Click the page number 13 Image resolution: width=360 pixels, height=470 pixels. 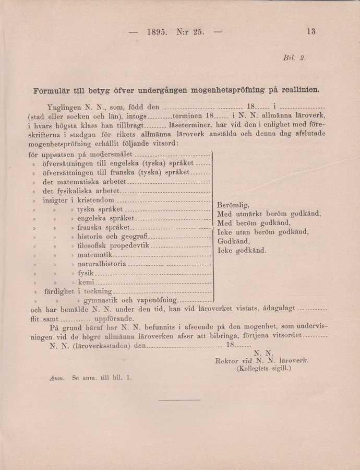[311, 31]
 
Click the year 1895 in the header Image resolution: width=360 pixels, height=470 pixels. [157, 31]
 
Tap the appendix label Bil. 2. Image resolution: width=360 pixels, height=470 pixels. [294, 58]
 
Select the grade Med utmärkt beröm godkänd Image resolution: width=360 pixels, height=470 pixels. [269, 214]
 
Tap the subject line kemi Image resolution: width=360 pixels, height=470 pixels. [85, 283]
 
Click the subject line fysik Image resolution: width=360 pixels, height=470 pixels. [85, 273]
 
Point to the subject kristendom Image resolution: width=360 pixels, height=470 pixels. [95, 200]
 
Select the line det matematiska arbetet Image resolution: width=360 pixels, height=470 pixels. [85, 182]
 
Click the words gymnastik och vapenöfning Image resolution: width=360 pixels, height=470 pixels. [127, 301]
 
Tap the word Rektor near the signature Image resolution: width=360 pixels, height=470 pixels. [226, 360]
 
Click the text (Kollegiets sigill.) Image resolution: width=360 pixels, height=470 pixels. [263, 368]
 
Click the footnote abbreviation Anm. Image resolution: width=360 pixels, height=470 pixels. [56, 377]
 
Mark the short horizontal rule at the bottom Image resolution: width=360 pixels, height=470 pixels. [179, 400]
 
